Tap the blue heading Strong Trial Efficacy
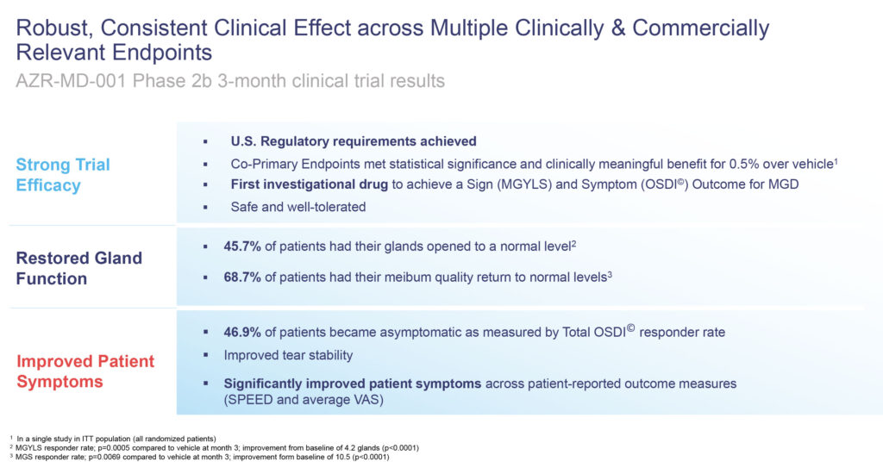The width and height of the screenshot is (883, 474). click(x=63, y=175)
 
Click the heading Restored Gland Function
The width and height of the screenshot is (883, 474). click(x=78, y=268)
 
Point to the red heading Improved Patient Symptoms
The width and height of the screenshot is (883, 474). click(x=85, y=371)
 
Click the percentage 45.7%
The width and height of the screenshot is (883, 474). click(x=242, y=246)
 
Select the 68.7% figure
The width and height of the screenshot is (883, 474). click(x=242, y=277)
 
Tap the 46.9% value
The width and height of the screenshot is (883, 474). click(x=242, y=332)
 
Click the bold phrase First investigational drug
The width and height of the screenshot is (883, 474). click(x=310, y=184)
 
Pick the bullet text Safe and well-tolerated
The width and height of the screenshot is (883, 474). click(x=297, y=207)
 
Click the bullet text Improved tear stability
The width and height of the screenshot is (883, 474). click(x=288, y=355)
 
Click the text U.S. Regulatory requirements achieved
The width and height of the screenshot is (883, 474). click(x=354, y=141)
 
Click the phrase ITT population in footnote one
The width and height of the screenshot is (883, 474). click(x=107, y=439)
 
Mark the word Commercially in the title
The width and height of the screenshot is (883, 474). click(x=700, y=28)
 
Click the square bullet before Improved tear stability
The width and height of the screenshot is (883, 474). click(x=205, y=355)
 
